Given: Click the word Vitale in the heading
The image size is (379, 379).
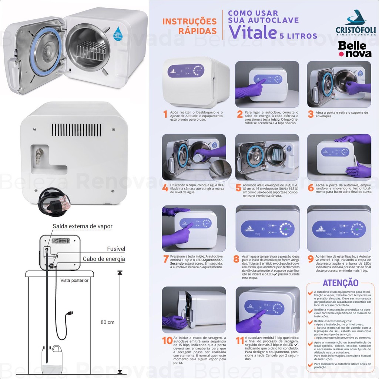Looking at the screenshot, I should click(x=253, y=33).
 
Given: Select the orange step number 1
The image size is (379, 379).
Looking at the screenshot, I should click(x=165, y=114).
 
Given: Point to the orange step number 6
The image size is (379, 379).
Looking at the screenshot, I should click(x=310, y=188).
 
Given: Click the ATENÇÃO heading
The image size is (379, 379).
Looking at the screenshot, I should click(x=341, y=283).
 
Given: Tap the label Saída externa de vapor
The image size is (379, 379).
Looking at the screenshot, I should click(x=82, y=226).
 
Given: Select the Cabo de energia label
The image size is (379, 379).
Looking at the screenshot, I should click(x=104, y=259).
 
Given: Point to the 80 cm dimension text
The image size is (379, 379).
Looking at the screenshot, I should click(x=108, y=322).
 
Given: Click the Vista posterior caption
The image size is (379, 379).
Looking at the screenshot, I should click(x=74, y=280).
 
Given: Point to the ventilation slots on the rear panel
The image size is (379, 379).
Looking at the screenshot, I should click(x=74, y=128).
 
